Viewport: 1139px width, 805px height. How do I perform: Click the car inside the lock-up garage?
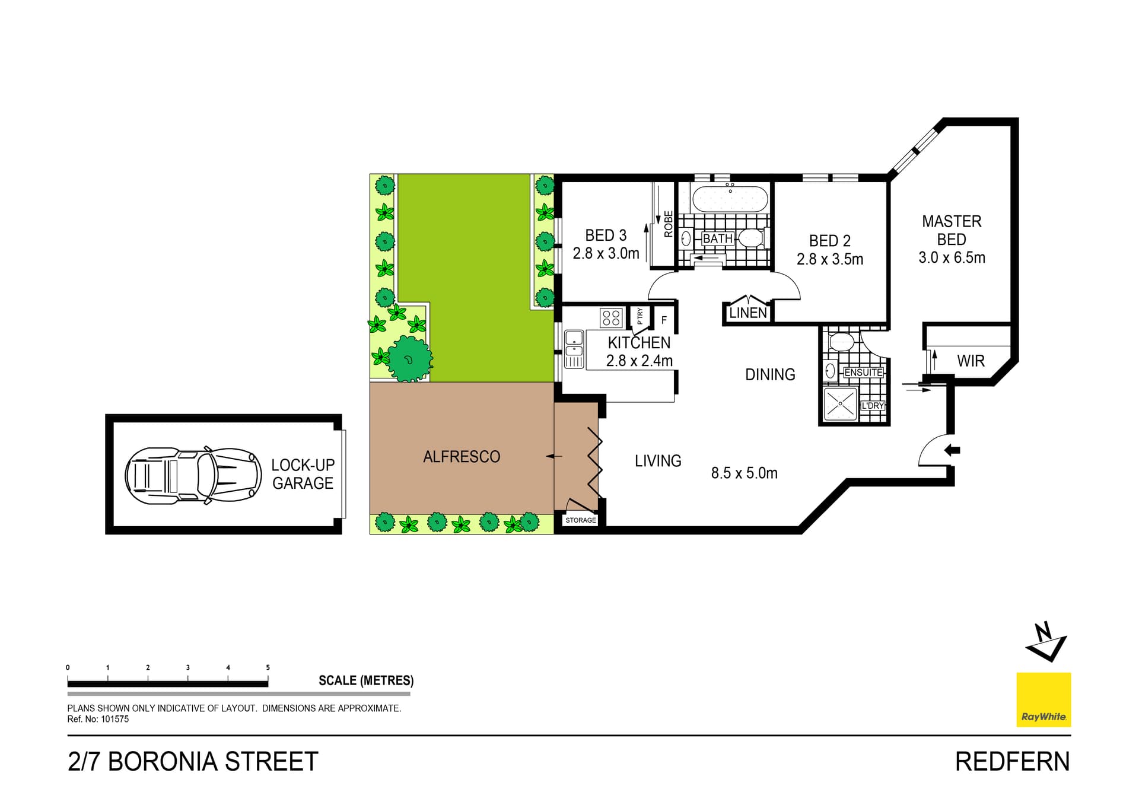pyautogui.click(x=193, y=475)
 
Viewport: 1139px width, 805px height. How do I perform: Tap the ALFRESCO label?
pyautogui.click(x=462, y=457)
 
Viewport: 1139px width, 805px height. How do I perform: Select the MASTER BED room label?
pyautogui.click(x=952, y=230)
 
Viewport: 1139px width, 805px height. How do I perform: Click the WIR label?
pyautogui.click(x=971, y=361)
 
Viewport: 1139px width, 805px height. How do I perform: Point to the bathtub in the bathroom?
pyautogui.click(x=730, y=199)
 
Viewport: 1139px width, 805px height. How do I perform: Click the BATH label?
pyautogui.click(x=718, y=238)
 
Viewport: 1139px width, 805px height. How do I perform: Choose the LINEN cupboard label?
pyautogui.click(x=747, y=313)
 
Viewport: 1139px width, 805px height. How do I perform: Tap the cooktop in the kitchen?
pyautogui.click(x=611, y=317)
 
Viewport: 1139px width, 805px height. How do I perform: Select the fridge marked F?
pyautogui.click(x=664, y=320)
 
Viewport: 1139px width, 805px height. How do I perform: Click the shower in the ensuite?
pyautogui.click(x=840, y=404)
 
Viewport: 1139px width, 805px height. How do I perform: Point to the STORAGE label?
pyautogui.click(x=580, y=520)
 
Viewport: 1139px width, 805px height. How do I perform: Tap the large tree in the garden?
pyautogui.click(x=409, y=358)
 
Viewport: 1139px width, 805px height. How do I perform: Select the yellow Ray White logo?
pyautogui.click(x=1043, y=699)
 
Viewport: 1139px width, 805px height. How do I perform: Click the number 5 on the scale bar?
pyautogui.click(x=268, y=667)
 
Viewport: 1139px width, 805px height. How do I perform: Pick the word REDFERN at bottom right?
pyautogui.click(x=1012, y=762)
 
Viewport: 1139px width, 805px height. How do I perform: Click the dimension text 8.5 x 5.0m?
pyautogui.click(x=744, y=473)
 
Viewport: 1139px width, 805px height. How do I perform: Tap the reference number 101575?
pyautogui.click(x=114, y=719)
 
